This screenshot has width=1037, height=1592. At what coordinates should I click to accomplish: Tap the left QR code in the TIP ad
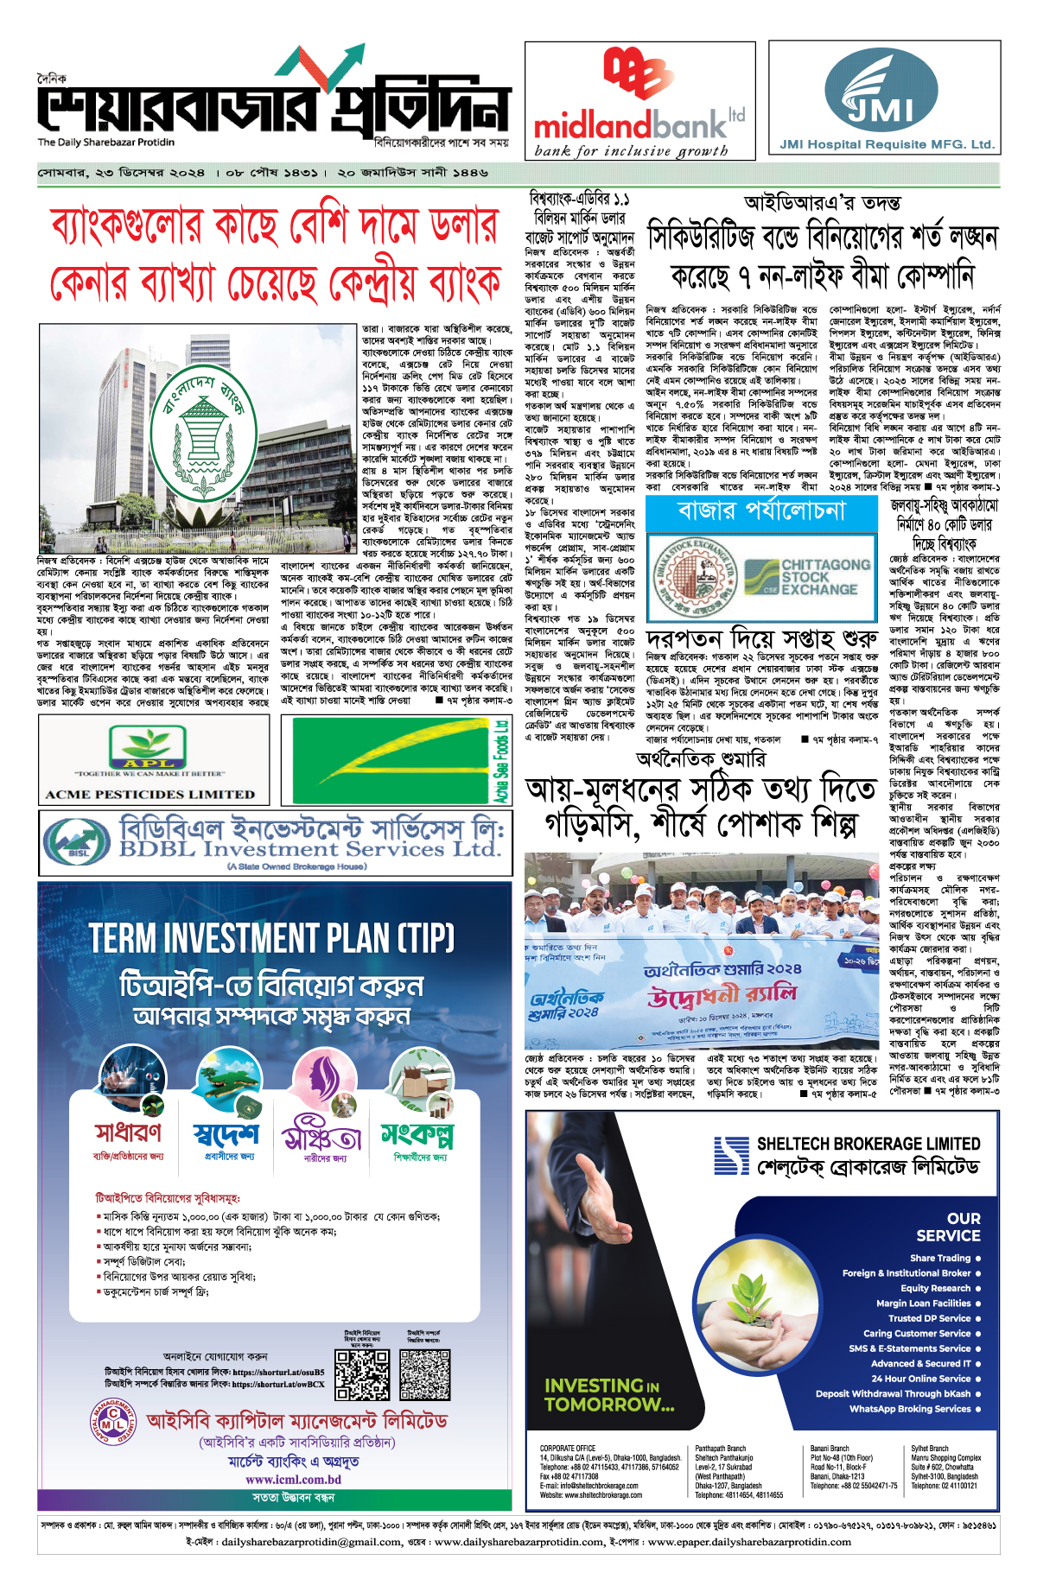[362, 1373]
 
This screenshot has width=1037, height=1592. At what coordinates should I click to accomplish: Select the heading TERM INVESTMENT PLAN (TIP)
[272, 938]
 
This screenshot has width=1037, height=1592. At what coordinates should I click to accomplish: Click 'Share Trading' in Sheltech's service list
[940, 1258]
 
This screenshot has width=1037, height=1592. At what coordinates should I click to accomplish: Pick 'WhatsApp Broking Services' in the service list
[910, 1409]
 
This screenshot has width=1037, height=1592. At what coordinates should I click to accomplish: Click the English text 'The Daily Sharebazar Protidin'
[105, 143]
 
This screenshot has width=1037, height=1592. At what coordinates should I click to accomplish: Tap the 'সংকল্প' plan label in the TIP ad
[417, 1134]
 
